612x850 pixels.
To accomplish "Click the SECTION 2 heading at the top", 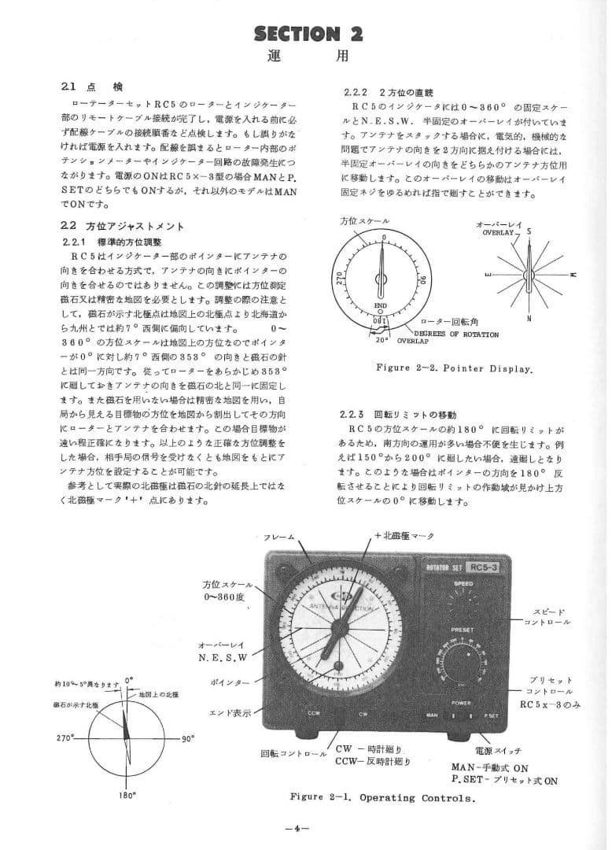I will click(308, 33).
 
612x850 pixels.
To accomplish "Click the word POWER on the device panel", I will click(462, 701).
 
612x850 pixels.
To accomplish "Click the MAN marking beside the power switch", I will click(432, 715).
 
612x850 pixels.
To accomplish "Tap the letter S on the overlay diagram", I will click(529, 231).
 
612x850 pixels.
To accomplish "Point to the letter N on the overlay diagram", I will click(529, 318).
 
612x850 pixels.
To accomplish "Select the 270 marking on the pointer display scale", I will click(340, 278).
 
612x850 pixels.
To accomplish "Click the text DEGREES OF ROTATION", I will click(455, 334).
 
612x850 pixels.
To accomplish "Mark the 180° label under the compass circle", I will click(128, 795).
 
